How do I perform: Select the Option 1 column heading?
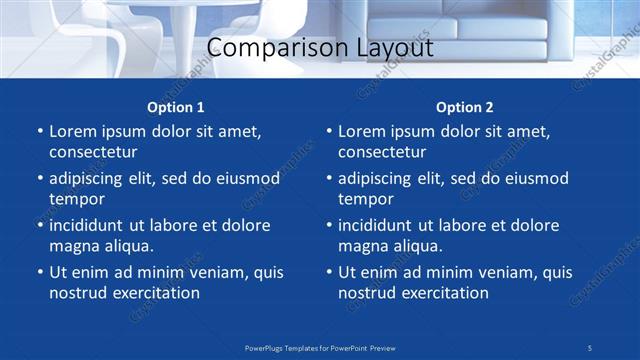[176, 107]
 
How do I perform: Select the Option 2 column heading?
[465, 107]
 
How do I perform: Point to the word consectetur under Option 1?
[93, 152]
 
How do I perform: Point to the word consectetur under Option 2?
[382, 152]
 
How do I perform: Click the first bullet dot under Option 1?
[39, 132]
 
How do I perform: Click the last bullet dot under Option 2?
[328, 272]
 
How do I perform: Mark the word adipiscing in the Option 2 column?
[379, 179]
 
